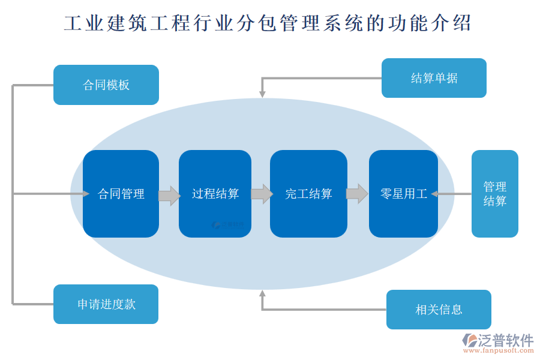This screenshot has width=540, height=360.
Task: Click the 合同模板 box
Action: (x=106, y=85)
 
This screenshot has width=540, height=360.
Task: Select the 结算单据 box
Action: (x=434, y=78)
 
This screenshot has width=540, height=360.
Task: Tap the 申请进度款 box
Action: (x=106, y=304)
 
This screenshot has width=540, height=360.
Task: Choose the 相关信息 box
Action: (x=439, y=310)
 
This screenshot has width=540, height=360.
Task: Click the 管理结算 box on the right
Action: (x=494, y=194)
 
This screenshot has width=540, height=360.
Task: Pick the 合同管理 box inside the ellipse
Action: (x=121, y=194)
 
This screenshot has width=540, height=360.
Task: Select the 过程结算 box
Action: (x=215, y=194)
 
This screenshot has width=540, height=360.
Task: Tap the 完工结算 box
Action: (x=308, y=194)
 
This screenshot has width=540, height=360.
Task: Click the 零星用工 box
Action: (x=403, y=194)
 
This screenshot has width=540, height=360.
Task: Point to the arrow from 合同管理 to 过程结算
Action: (x=169, y=195)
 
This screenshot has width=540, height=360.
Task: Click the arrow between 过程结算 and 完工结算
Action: (x=261, y=194)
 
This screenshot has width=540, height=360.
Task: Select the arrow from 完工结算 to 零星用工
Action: (x=357, y=194)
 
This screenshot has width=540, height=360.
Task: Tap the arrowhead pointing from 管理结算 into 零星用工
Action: (x=435, y=194)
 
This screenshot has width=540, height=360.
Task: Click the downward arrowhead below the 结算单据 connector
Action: (x=262, y=93)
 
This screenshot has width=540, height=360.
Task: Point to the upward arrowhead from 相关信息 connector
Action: (x=262, y=293)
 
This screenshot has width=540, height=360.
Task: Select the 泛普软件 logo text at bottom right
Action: (x=505, y=340)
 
